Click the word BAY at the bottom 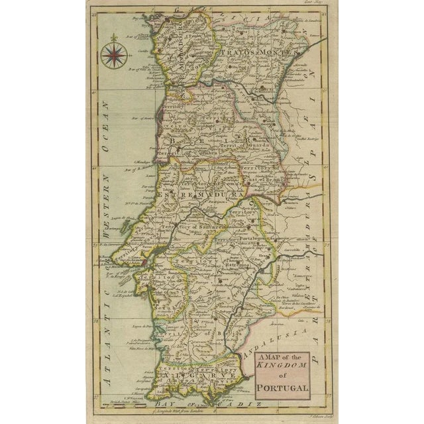[159, 402]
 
